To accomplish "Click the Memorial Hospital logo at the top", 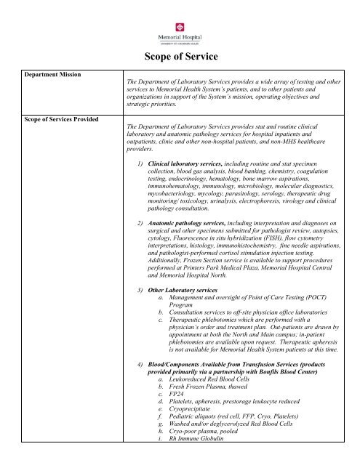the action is pyautogui.click(x=179, y=28).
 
